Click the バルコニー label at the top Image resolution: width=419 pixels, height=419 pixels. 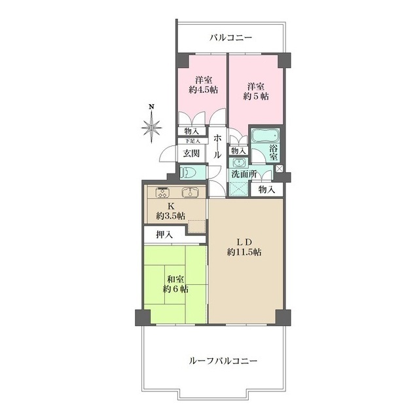(x=230, y=38)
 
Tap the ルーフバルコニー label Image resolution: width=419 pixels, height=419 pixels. (x=223, y=361)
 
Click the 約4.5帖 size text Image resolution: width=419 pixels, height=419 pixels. (x=204, y=90)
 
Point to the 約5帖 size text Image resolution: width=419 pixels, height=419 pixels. (x=256, y=96)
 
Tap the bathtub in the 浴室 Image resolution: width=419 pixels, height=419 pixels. (x=265, y=136)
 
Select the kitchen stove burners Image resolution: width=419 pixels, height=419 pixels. (x=162, y=192)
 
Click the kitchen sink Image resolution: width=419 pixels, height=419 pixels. (x=190, y=192)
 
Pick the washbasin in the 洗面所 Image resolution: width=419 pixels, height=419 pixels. (x=238, y=163)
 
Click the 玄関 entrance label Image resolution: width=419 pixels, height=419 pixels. (x=191, y=153)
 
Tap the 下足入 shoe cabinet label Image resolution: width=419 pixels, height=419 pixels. (x=192, y=141)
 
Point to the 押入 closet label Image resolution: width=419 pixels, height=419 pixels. (x=164, y=234)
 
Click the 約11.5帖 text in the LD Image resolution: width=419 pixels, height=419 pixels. (x=244, y=252)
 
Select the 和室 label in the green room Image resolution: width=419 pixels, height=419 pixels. (x=175, y=280)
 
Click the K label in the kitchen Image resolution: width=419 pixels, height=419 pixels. (x=171, y=206)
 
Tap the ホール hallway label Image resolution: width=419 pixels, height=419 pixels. (x=217, y=147)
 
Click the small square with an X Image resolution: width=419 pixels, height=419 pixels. (x=279, y=169)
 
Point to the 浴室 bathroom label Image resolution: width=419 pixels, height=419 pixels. (x=274, y=153)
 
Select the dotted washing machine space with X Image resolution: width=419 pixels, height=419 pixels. (x=238, y=189)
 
